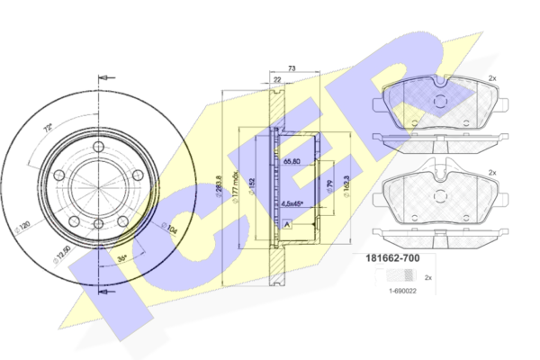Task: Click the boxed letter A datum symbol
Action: pos(286,224)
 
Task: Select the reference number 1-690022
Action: pos(401,290)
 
